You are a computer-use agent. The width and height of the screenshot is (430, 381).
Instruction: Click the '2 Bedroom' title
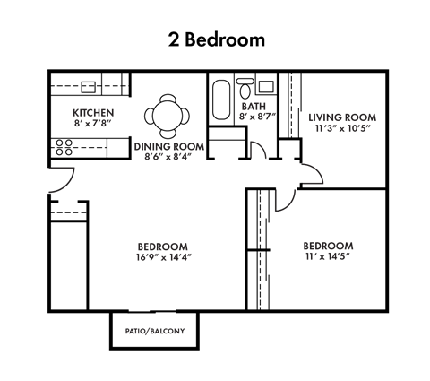point(217,39)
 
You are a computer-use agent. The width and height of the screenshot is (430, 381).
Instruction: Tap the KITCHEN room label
point(93,113)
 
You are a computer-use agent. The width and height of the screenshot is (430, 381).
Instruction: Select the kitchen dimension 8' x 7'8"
point(94,124)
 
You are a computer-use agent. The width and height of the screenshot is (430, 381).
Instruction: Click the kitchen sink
point(89,87)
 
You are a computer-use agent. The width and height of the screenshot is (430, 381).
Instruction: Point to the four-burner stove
point(64,147)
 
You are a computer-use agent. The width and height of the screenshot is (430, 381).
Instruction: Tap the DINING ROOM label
point(169,147)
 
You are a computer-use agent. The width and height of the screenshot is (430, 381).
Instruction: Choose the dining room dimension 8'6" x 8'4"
point(168,157)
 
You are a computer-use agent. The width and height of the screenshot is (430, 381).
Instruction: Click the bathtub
point(221,100)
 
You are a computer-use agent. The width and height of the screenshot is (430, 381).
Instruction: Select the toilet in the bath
point(245,89)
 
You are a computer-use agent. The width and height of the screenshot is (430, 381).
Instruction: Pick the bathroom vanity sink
point(266,87)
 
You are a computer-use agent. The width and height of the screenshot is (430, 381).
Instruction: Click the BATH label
point(254,107)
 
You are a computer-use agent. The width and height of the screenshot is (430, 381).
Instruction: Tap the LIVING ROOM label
point(342,117)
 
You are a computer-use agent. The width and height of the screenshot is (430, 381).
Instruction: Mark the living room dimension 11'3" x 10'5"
point(343,128)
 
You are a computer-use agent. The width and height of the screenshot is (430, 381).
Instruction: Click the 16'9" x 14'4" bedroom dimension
point(164,257)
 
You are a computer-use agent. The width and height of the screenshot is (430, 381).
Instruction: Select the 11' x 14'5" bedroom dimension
point(327,256)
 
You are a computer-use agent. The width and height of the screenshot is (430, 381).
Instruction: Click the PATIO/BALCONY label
point(155,331)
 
